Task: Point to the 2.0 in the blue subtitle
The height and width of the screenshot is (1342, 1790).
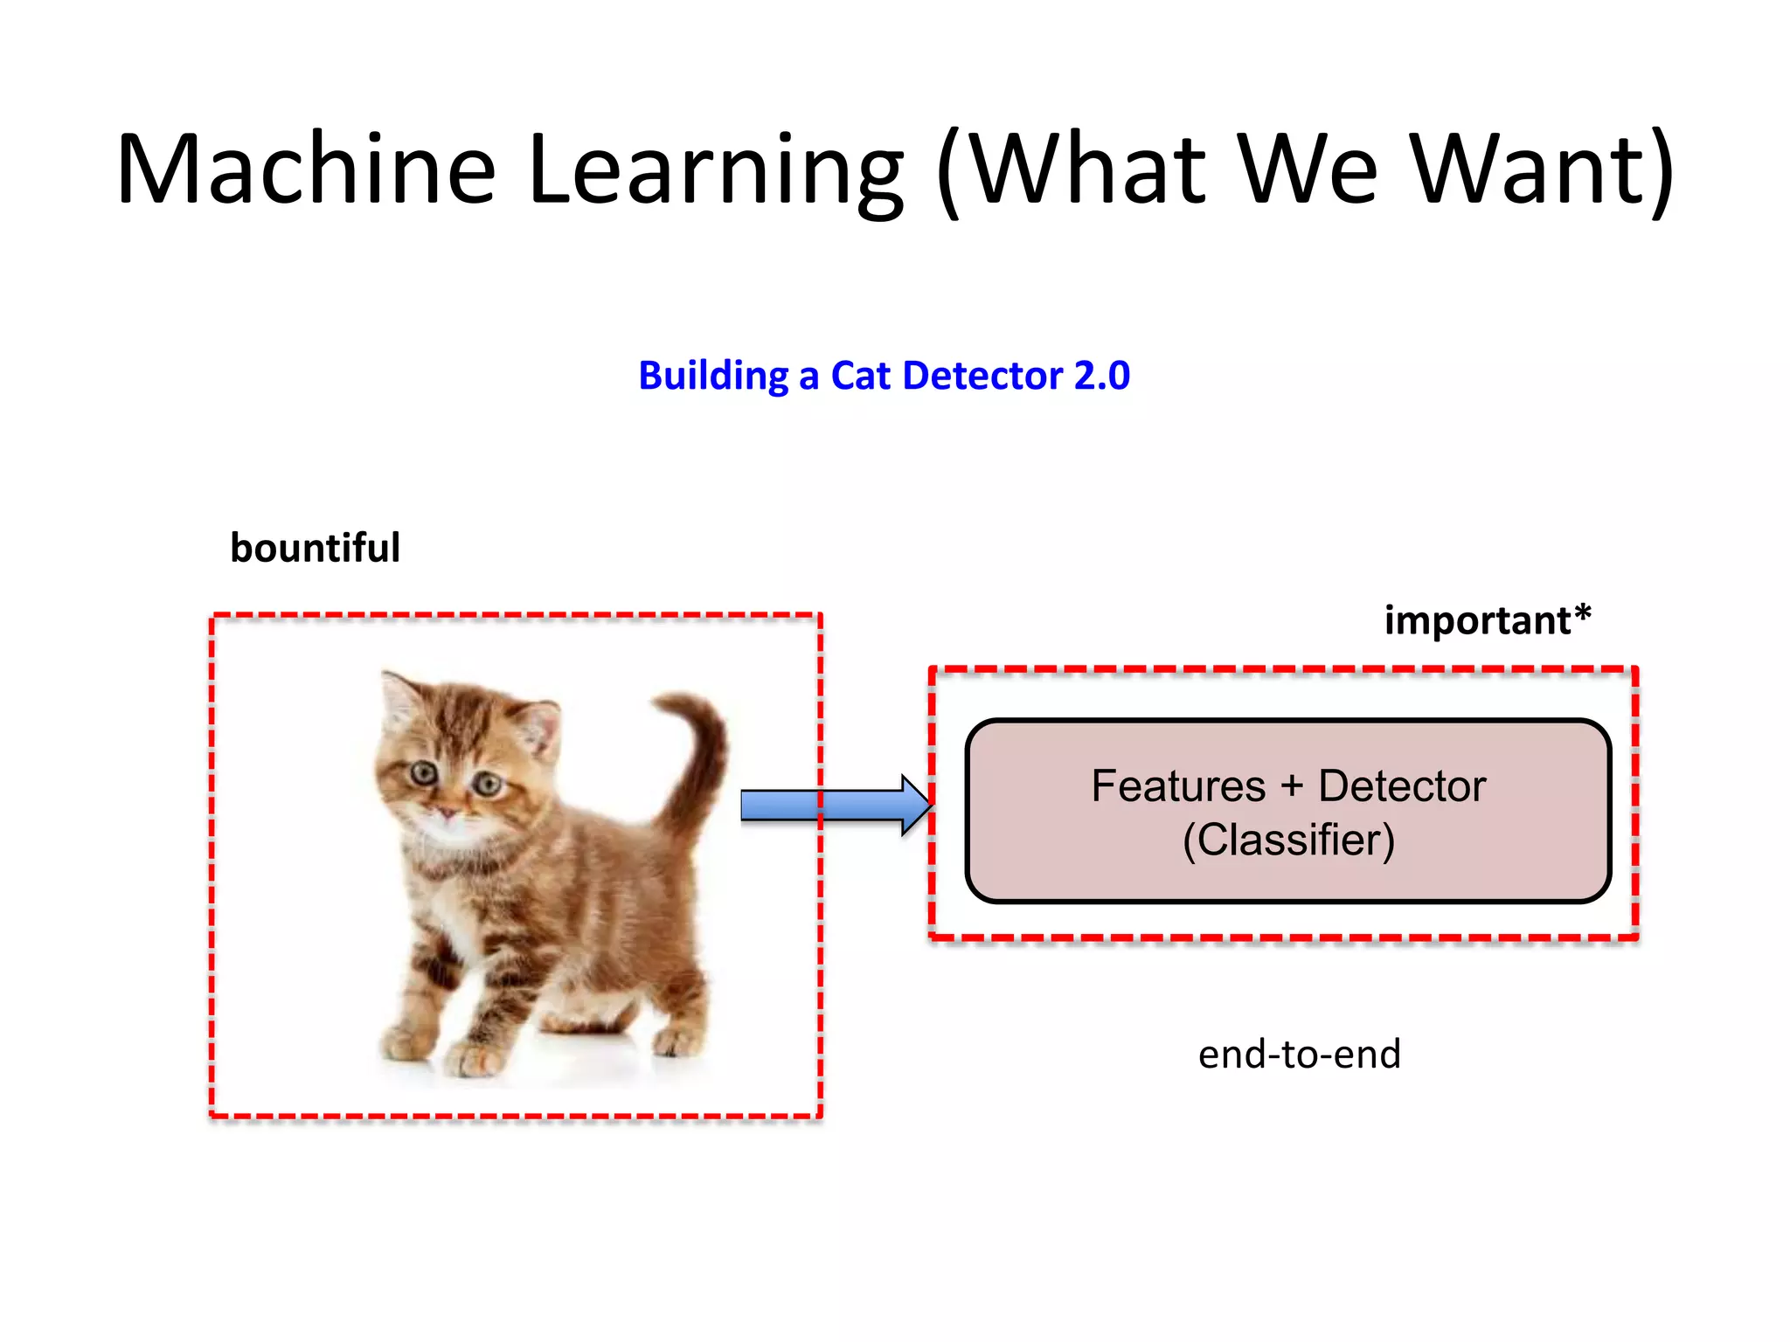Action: click(1101, 376)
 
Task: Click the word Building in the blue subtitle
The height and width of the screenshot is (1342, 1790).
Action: click(713, 376)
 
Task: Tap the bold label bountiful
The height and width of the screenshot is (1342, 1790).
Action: click(315, 549)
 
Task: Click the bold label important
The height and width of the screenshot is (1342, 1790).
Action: click(1477, 621)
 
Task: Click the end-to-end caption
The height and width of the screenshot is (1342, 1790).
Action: click(1299, 1055)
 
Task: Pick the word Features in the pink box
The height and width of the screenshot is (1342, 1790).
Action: click(1177, 786)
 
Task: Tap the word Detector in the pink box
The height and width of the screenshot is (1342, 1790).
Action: click(1401, 786)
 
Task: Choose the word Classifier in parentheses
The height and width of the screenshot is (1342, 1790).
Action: click(1288, 840)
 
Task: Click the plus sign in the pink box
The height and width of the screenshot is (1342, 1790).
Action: click(1292, 786)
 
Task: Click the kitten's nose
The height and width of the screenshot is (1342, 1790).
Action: click(447, 813)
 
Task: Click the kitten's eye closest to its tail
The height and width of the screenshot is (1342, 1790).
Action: click(487, 785)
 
